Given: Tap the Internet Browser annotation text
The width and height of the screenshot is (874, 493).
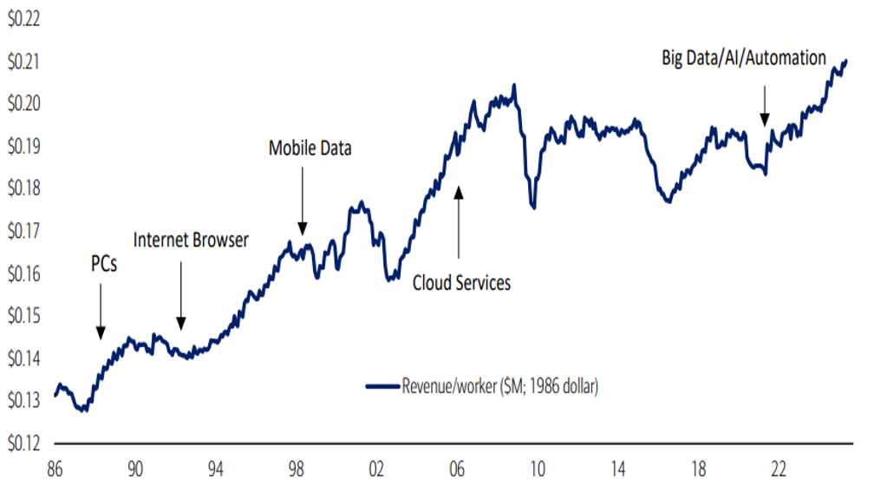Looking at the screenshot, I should pos(191,240).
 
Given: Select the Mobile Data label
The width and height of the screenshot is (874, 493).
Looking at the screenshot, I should pos(310,148).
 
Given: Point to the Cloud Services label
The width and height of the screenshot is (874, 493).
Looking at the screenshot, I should pos(461,282).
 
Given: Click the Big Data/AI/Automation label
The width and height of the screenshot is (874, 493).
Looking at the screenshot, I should pos(744,58).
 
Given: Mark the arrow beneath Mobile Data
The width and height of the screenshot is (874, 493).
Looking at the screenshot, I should pos(302,200).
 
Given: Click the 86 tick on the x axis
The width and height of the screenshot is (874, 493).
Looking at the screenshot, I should pos(55,470).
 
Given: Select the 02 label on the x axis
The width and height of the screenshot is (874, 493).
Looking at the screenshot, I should pos(377,470).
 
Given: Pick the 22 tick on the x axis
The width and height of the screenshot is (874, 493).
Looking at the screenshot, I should pos(779,470).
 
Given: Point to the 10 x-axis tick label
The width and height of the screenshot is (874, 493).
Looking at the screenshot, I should pos(538,470).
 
